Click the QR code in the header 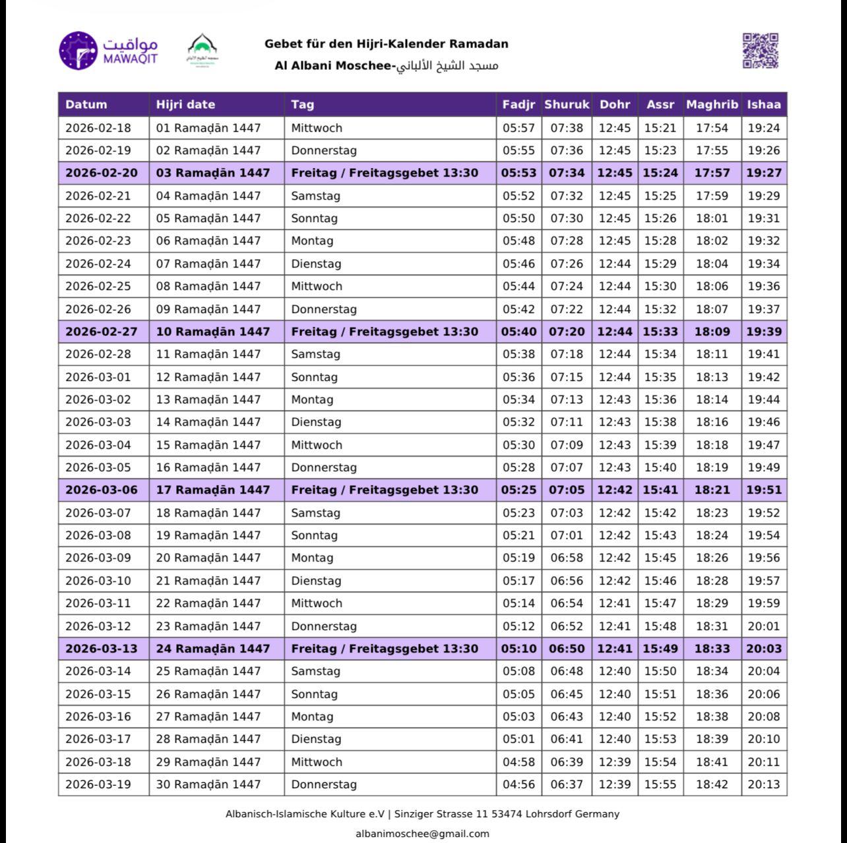point(761,51)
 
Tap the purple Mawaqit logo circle point(78,50)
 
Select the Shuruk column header point(567,104)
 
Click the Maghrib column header point(712,104)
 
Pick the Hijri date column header point(185,104)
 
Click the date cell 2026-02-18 point(98,128)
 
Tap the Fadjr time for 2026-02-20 point(518,173)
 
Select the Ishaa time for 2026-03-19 point(764,784)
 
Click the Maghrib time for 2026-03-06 point(712,490)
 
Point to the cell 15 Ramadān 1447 point(208,445)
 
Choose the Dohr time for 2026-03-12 point(615,626)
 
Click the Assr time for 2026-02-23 point(660,241)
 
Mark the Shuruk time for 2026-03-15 point(567,694)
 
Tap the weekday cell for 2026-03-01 point(314,377)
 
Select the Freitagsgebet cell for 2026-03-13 point(385,649)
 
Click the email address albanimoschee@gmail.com point(422,834)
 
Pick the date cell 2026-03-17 point(98,739)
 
